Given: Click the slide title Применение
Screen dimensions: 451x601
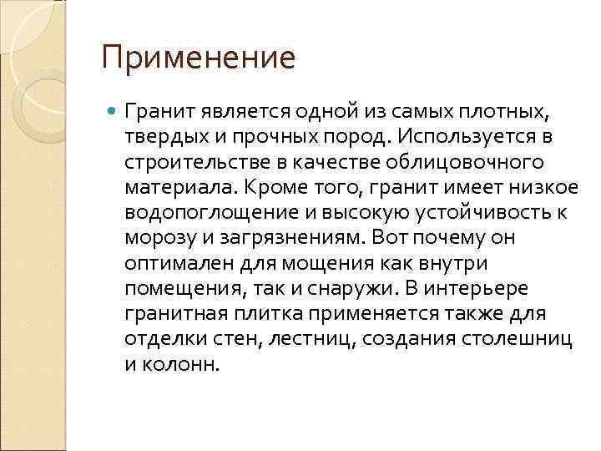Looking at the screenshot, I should [199, 58].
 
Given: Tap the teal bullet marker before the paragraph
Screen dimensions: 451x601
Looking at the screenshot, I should [113, 110].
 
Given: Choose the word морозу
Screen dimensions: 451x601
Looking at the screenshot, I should [156, 237].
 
